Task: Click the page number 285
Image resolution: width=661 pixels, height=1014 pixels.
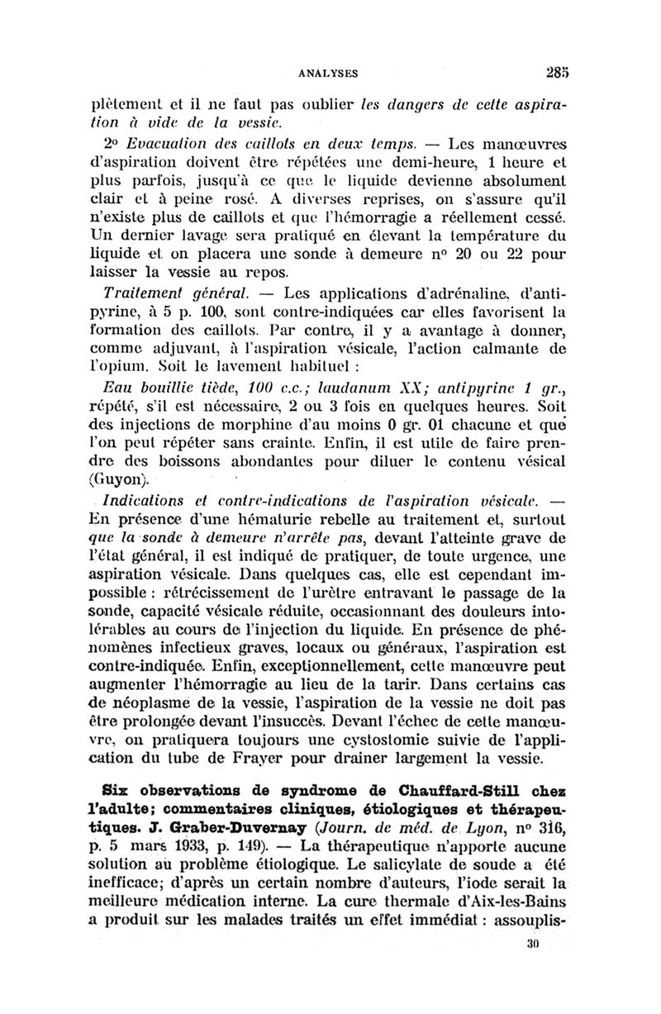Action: tap(551, 72)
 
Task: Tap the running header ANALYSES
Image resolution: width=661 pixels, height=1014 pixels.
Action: tap(329, 73)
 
